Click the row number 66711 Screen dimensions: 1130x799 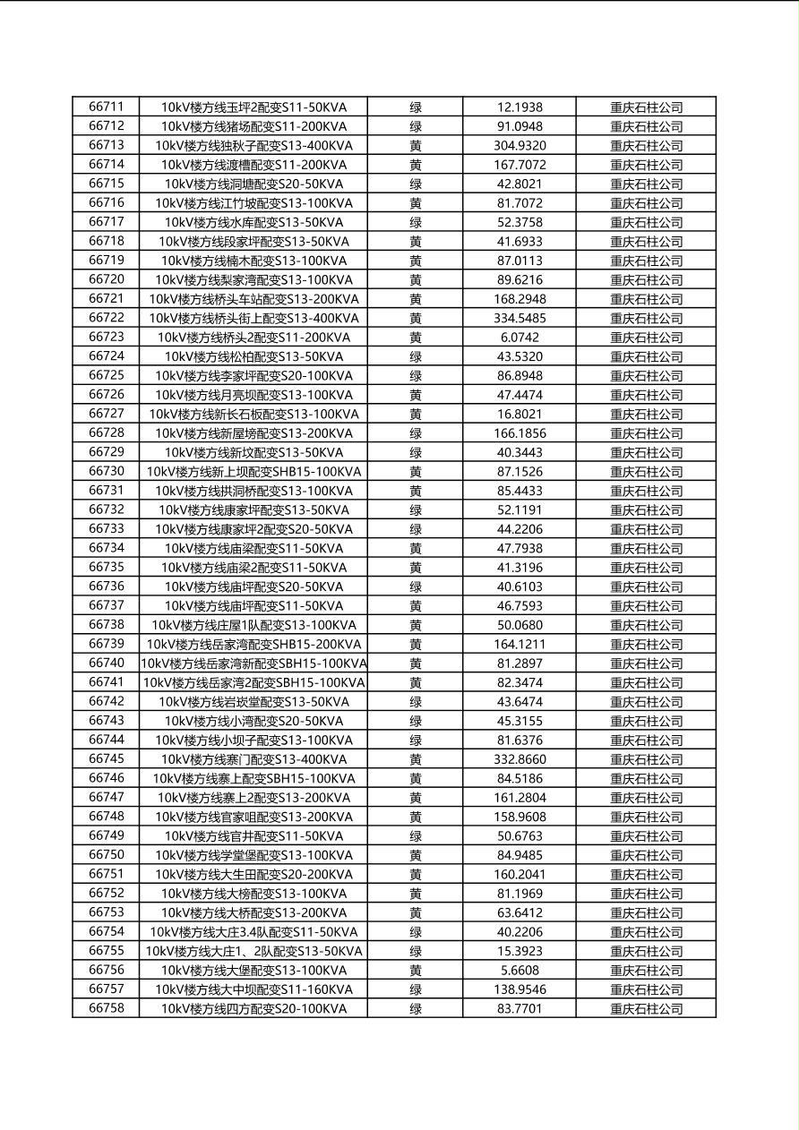[106, 107]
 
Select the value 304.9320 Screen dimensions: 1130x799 [520, 145]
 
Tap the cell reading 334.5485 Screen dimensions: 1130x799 [520, 318]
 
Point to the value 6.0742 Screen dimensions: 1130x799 [520, 338]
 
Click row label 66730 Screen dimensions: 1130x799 [106, 471]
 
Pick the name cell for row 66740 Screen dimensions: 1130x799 [253, 663]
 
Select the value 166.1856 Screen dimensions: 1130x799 [520, 433]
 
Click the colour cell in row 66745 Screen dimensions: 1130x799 [416, 759]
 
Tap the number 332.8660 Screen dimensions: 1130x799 [520, 759]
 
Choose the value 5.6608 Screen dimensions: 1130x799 [520, 970]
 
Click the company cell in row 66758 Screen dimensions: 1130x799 [646, 1008]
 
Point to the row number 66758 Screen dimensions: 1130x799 [106, 1008]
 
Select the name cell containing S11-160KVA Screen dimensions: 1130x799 [253, 989]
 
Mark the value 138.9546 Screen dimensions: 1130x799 [520, 989]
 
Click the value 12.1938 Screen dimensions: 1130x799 [520, 107]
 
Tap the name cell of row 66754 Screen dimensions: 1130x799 [253, 931]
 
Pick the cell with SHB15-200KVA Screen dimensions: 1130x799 [253, 644]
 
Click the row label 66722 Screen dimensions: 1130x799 [106, 318]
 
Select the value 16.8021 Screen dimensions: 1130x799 [520, 414]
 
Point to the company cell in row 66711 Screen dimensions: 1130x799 [646, 107]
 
